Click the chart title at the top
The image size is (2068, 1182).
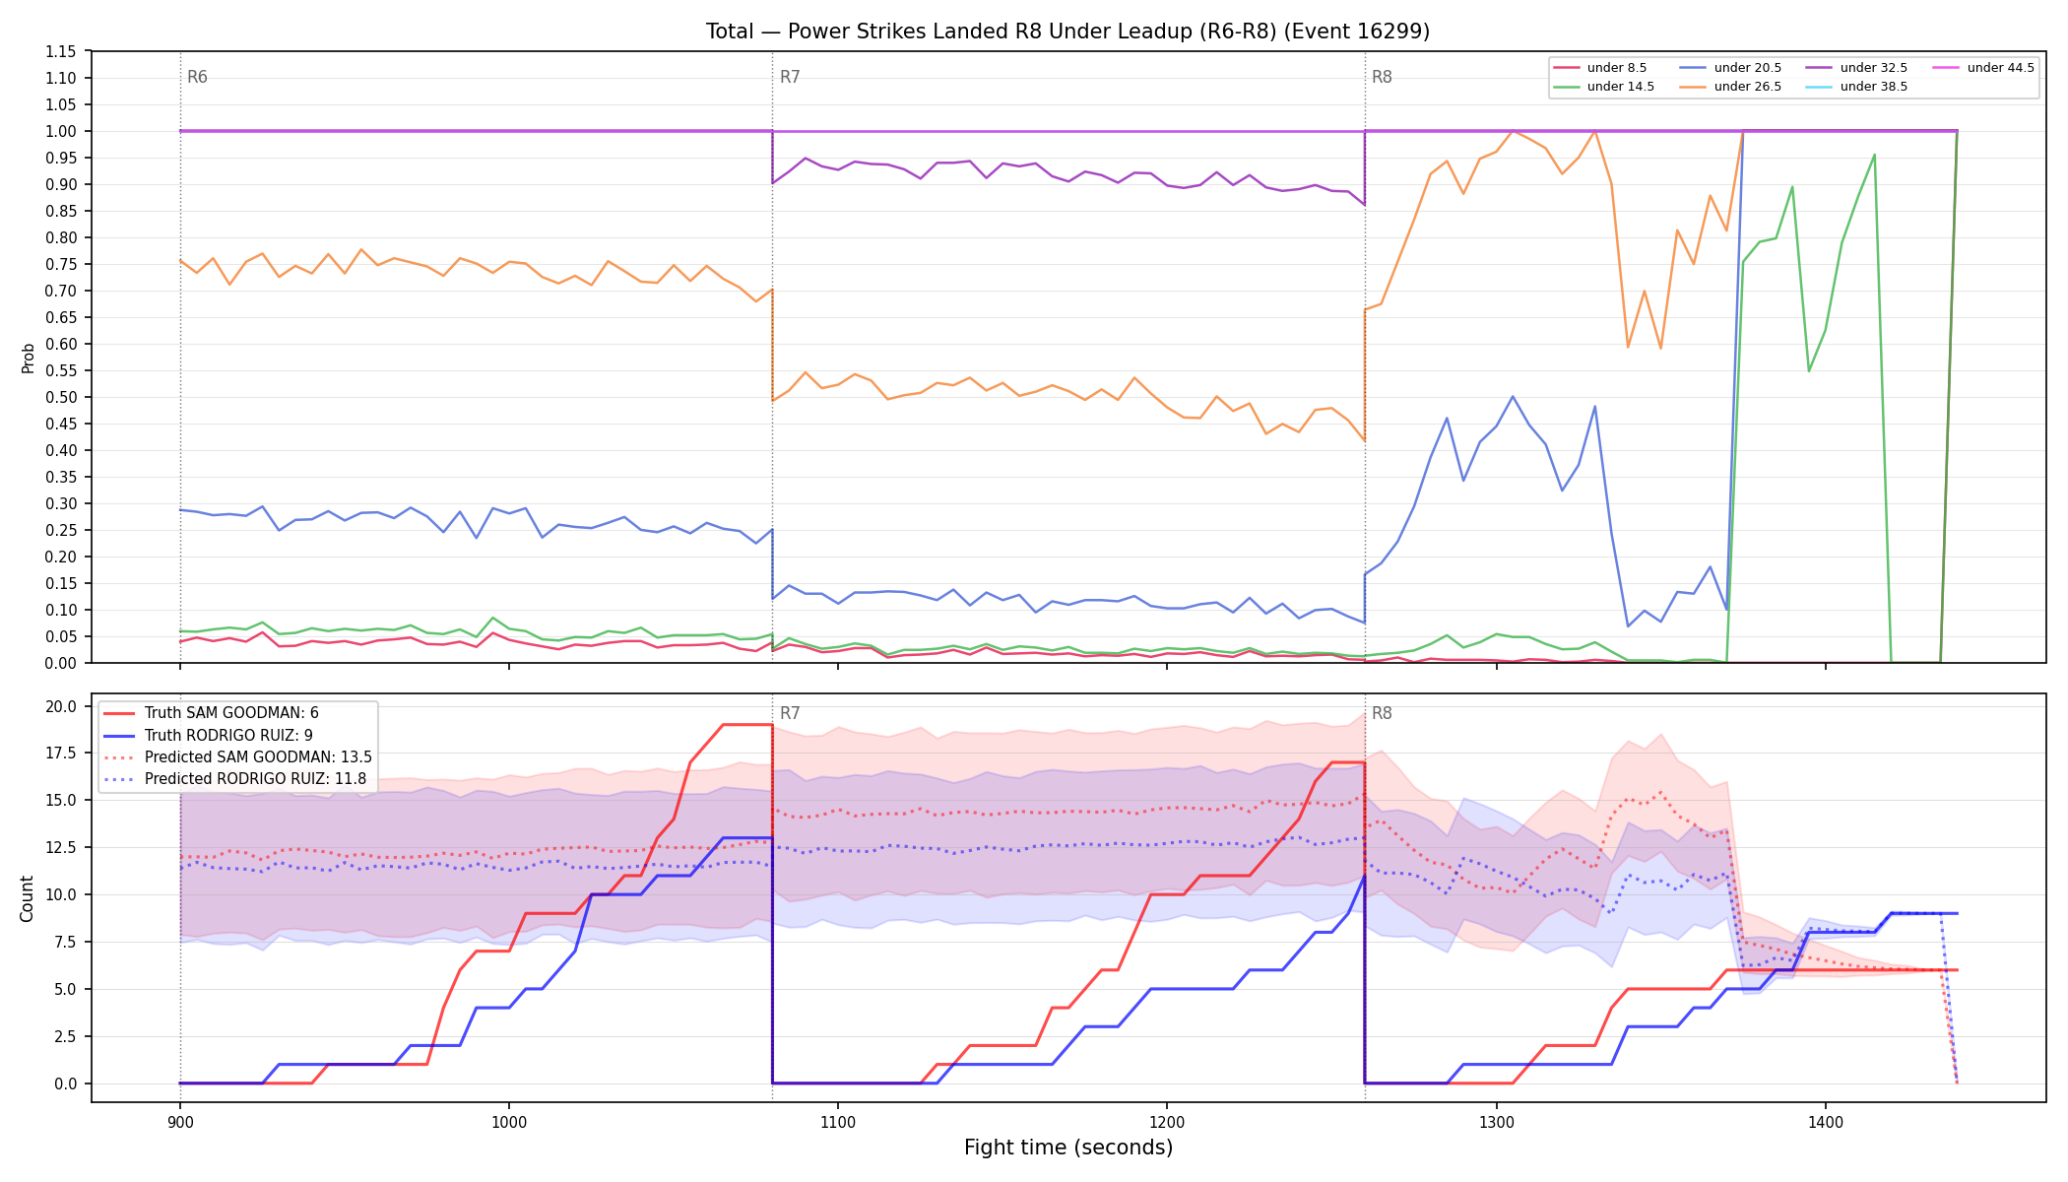point(1067,32)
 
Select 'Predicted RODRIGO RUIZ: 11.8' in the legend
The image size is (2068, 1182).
point(235,779)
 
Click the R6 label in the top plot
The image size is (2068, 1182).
point(197,77)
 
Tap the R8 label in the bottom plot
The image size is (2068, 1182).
point(1382,713)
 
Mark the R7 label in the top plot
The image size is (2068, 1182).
point(790,77)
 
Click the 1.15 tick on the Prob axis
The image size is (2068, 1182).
point(61,51)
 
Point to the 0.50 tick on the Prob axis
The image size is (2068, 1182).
point(61,397)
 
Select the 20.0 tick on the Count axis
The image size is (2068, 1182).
point(61,706)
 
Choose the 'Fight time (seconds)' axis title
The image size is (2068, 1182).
point(1068,1148)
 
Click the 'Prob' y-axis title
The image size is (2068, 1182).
point(29,358)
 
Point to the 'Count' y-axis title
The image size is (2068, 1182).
point(27,898)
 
